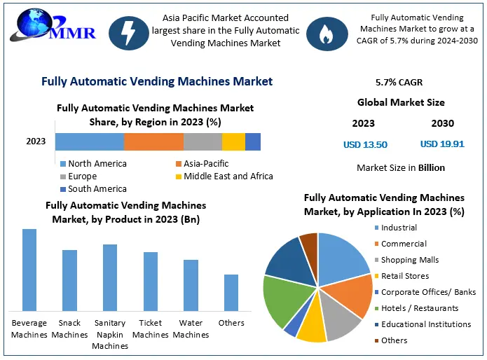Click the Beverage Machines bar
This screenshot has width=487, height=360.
tap(29, 270)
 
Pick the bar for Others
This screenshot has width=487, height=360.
tap(231, 292)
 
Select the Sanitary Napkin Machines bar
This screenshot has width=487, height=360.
tap(110, 277)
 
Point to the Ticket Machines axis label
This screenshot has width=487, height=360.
tap(151, 328)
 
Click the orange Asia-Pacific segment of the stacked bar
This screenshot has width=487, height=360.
tap(153, 141)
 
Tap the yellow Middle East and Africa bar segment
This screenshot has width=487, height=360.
tap(233, 141)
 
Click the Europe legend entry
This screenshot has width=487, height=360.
tap(83, 176)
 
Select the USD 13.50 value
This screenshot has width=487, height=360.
tap(365, 145)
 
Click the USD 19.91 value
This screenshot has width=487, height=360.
tap(442, 144)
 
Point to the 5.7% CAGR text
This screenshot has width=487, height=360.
tap(399, 83)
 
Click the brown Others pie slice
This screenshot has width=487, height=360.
tap(309, 242)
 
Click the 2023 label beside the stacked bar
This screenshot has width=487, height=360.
tap(36, 141)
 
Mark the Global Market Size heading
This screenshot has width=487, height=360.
tap(401, 103)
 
